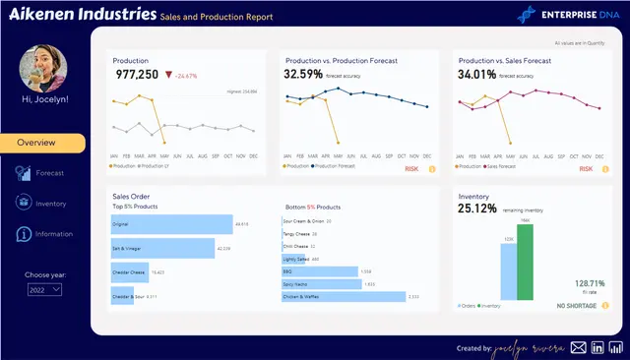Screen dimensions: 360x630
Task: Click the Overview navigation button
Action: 42,143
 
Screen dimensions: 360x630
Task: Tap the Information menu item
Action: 43,234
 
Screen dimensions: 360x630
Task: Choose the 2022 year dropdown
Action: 44,289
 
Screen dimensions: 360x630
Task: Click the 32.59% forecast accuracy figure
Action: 303,74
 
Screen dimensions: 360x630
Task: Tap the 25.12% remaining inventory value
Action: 477,209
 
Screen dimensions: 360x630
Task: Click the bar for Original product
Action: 170,224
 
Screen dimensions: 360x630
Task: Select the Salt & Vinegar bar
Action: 161,248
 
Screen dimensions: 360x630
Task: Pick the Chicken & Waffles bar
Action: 344,296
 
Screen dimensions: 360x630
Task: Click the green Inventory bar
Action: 525,261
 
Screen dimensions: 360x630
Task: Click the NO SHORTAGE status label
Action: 576,307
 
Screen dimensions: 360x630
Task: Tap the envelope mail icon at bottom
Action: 579,347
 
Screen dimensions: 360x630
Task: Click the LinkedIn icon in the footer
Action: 598,347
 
